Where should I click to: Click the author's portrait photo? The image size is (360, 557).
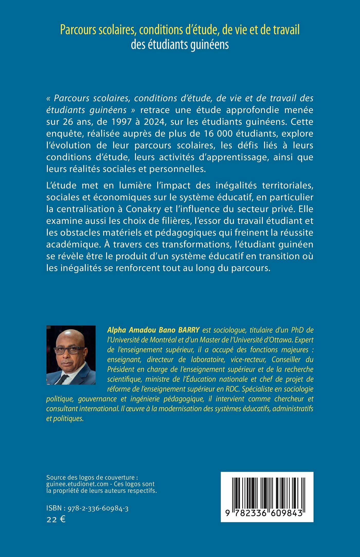[x=71, y=355]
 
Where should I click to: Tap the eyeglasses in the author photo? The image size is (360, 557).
[x=69, y=350]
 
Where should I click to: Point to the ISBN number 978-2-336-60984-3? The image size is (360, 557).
[x=98, y=508]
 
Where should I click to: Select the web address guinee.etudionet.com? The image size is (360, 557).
[x=77, y=484]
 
